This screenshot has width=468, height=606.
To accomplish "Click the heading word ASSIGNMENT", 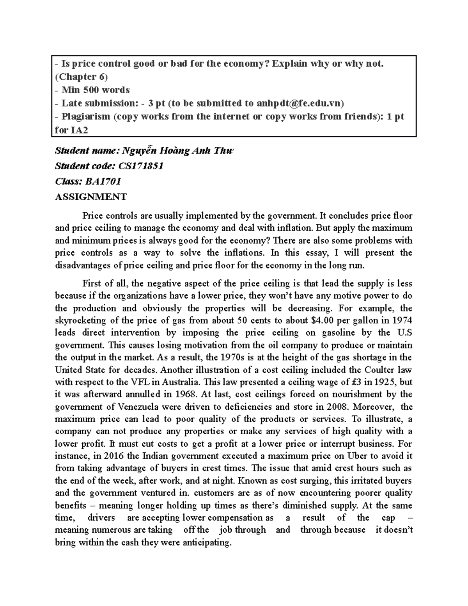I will point(90,197).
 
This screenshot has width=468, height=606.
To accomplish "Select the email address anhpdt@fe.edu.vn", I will point(300,103).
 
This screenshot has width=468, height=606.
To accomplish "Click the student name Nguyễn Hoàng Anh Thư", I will point(178,151).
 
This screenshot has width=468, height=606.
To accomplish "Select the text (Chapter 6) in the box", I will point(81,76).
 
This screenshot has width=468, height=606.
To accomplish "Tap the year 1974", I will point(402,321).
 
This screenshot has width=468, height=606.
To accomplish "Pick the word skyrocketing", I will point(80,321).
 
